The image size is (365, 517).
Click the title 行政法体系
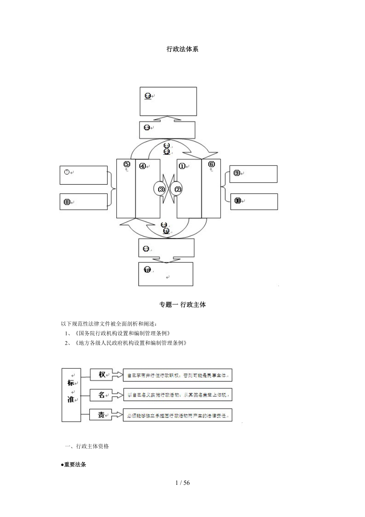(182, 49)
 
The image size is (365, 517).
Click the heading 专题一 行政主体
(182, 305)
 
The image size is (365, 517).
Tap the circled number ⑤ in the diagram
(127, 164)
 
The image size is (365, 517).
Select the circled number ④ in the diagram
(142, 166)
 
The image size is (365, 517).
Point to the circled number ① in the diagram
(182, 166)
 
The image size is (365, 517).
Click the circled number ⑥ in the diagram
(211, 164)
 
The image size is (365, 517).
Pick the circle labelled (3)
(161, 189)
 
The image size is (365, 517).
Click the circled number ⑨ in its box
(237, 173)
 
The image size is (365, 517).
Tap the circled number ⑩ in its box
(237, 201)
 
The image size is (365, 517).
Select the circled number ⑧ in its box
(67, 202)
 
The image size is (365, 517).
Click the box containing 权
(102, 374)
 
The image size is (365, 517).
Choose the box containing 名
(102, 395)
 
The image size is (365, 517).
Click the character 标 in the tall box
(71, 383)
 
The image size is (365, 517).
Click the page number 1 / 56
(182, 483)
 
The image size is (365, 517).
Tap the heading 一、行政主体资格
(86, 446)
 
